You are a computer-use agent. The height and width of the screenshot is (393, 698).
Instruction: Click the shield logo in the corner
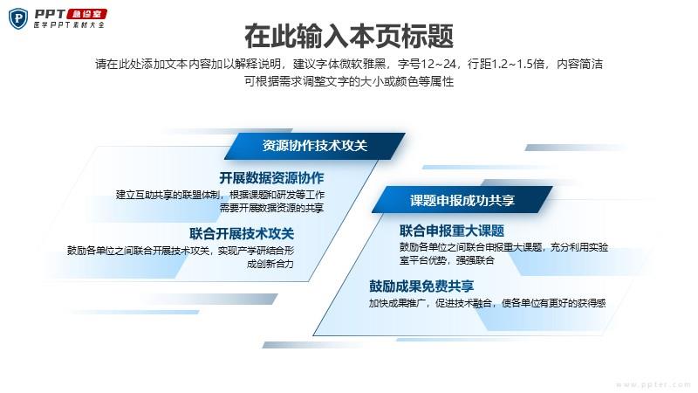(18, 18)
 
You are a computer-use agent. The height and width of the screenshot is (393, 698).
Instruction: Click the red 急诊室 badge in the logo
(86, 14)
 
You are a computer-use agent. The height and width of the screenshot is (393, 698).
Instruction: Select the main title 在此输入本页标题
(349, 36)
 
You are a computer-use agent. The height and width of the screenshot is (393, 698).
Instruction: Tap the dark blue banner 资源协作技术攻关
(315, 146)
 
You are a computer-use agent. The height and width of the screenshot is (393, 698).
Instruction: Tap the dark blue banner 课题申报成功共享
(462, 200)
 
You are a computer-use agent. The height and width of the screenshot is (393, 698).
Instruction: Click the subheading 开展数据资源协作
(271, 178)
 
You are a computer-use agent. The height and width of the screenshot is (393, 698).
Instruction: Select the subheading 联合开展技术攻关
(242, 233)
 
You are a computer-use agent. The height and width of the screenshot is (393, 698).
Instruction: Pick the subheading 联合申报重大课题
(452, 231)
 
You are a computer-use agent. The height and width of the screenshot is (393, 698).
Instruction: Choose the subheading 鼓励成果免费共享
(421, 286)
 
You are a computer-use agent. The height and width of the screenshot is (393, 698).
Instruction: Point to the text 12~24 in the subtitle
(439, 64)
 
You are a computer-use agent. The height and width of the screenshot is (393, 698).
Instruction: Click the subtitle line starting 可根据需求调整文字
(349, 81)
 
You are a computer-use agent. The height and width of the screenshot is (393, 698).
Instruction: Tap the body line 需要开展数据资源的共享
(271, 208)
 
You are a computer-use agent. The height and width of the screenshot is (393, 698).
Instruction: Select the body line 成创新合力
(270, 264)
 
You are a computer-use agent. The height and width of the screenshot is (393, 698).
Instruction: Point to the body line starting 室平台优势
(447, 259)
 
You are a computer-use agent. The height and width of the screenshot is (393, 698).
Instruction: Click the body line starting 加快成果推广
(488, 303)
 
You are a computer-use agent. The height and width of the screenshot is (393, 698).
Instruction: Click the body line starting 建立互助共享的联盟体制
(221, 195)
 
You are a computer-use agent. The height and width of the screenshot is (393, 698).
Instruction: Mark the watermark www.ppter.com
(654, 384)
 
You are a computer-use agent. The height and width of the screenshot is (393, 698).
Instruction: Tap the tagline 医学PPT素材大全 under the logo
(69, 25)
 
